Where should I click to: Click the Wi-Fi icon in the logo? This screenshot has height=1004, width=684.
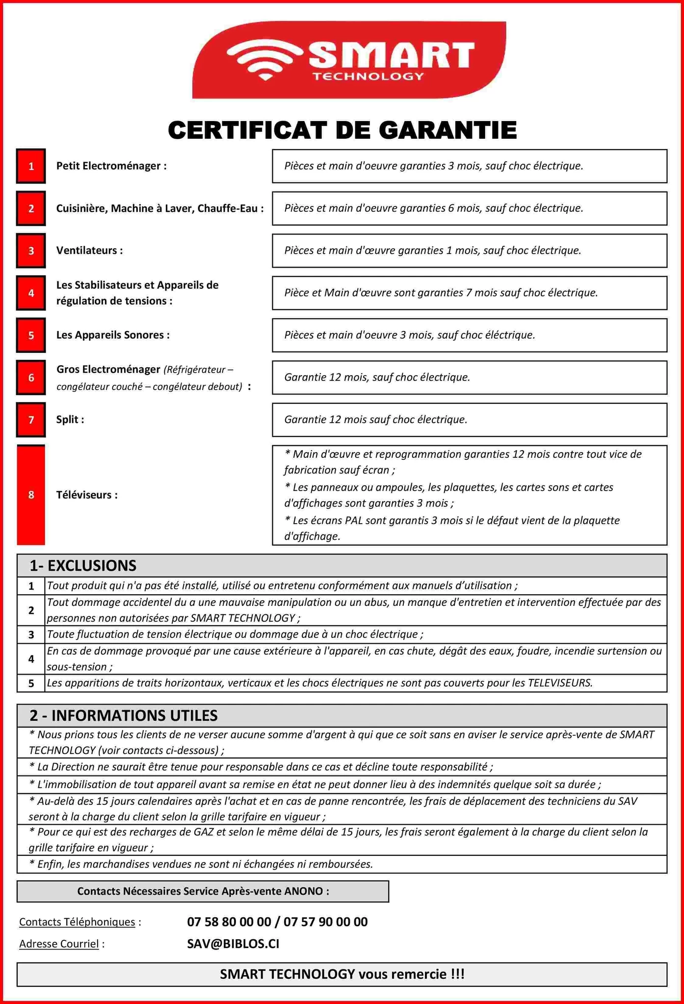pyautogui.click(x=265, y=59)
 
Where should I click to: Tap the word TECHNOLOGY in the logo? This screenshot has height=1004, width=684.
pyautogui.click(x=368, y=76)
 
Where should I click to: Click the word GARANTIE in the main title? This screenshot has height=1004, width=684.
pyautogui.click(x=447, y=130)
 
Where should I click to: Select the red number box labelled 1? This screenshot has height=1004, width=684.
pyautogui.click(x=31, y=166)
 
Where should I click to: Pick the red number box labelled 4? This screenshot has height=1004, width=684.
pyautogui.click(x=31, y=293)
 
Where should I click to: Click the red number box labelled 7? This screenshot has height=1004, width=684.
pyautogui.click(x=31, y=420)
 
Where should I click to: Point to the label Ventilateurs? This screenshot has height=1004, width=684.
pyautogui.click(x=89, y=251)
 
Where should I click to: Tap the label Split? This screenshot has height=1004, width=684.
pyautogui.click(x=70, y=420)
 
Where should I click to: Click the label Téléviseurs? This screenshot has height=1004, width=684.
pyautogui.click(x=87, y=495)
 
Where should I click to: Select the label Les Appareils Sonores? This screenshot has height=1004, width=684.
pyautogui.click(x=113, y=335)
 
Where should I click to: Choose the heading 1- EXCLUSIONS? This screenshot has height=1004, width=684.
pyautogui.click(x=83, y=566)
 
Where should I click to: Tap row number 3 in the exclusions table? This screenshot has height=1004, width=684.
pyautogui.click(x=31, y=635)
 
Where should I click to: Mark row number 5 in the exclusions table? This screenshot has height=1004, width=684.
pyautogui.click(x=31, y=683)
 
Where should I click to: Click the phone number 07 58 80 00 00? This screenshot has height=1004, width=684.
pyautogui.click(x=229, y=922)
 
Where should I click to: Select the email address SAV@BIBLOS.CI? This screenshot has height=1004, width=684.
pyautogui.click(x=233, y=944)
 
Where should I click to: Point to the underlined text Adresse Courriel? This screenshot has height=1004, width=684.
pyautogui.click(x=59, y=944)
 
